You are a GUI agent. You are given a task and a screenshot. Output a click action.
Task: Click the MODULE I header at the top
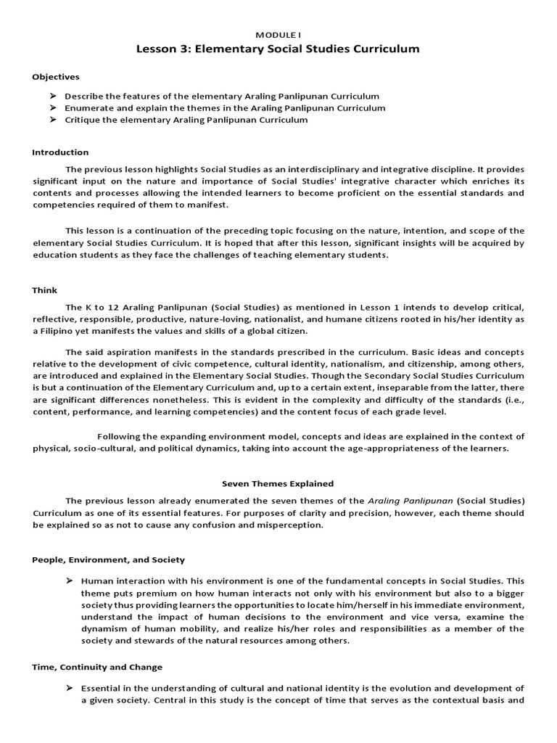coord(278,35)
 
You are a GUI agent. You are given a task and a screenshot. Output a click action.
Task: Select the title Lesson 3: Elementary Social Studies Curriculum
coord(278,49)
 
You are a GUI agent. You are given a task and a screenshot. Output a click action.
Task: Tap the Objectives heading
coord(56,77)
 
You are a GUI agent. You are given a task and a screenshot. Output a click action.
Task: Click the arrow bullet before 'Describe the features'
coord(53,96)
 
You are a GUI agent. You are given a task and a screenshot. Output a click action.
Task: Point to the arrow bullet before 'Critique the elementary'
coord(53,120)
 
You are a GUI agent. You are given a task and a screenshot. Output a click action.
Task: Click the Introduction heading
coord(60,152)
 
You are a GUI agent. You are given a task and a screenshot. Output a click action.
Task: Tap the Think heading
coord(44,290)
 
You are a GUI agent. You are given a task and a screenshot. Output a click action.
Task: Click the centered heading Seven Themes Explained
coord(278,483)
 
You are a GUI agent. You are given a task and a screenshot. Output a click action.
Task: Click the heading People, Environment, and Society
coord(108,559)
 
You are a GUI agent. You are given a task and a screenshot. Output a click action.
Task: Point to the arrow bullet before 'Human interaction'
coord(70,581)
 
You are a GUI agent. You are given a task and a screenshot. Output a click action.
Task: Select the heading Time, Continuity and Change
coord(97,667)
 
